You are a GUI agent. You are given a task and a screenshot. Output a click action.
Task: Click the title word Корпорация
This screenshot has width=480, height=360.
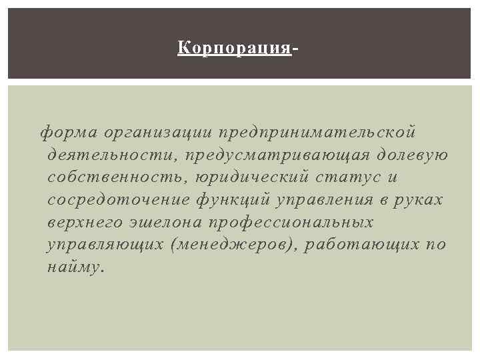[235, 49]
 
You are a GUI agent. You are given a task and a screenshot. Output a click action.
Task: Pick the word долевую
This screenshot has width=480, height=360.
[413, 155]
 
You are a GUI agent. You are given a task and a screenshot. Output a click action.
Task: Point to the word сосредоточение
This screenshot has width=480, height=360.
[120, 200]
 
